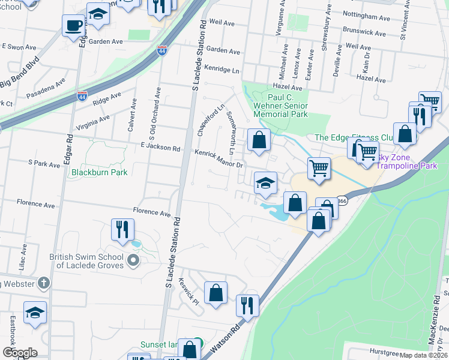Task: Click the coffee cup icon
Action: pyautogui.click(x=73, y=26)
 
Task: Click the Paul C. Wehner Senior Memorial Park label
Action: pyautogui.click(x=288, y=105)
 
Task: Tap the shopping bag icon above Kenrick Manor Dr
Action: pyautogui.click(x=258, y=140)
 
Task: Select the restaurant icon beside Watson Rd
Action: pyautogui.click(x=247, y=305)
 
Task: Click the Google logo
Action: pyautogui.click(x=20, y=353)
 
